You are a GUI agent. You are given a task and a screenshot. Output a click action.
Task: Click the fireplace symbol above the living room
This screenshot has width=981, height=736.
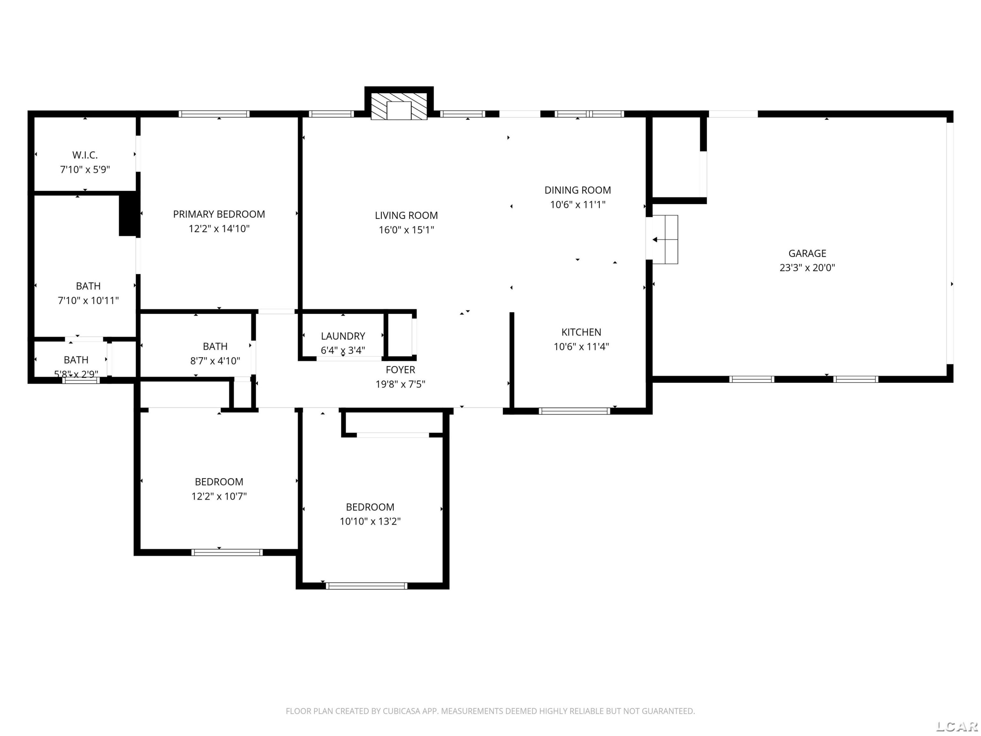pyautogui.click(x=399, y=106)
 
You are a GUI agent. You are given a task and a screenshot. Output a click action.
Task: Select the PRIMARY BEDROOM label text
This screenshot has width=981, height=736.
pyautogui.click(x=219, y=214)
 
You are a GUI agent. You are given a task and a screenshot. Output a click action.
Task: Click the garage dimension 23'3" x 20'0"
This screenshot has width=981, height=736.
pyautogui.click(x=807, y=268)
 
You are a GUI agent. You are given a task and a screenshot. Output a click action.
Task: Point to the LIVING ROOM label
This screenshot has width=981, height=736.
pyautogui.click(x=406, y=216)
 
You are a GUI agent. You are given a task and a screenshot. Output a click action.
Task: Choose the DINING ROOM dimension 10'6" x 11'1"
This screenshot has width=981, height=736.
pyautogui.click(x=577, y=204)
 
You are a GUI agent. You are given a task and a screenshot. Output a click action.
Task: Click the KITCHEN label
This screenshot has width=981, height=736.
pyautogui.click(x=581, y=332)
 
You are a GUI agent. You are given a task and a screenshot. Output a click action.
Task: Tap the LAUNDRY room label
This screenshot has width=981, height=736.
pyautogui.click(x=343, y=336)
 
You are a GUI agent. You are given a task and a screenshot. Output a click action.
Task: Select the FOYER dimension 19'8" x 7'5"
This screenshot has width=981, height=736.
pyautogui.click(x=400, y=384)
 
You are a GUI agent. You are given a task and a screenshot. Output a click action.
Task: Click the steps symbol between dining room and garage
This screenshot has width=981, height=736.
pyautogui.click(x=665, y=239)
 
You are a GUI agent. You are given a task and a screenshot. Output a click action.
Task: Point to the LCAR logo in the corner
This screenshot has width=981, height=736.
pyautogui.click(x=956, y=726)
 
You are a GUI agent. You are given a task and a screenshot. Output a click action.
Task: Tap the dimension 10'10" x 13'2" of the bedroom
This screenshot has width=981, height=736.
pyautogui.click(x=370, y=521)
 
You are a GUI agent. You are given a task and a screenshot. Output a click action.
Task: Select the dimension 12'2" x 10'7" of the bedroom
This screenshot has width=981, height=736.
pyautogui.click(x=219, y=496)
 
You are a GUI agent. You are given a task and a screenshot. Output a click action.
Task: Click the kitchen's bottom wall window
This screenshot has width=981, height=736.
pyautogui.click(x=574, y=411)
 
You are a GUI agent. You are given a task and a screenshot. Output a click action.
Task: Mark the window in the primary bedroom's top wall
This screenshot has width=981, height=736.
pyautogui.click(x=214, y=114)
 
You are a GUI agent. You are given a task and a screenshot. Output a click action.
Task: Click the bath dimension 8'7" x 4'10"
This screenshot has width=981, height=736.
pyautogui.click(x=215, y=361)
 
